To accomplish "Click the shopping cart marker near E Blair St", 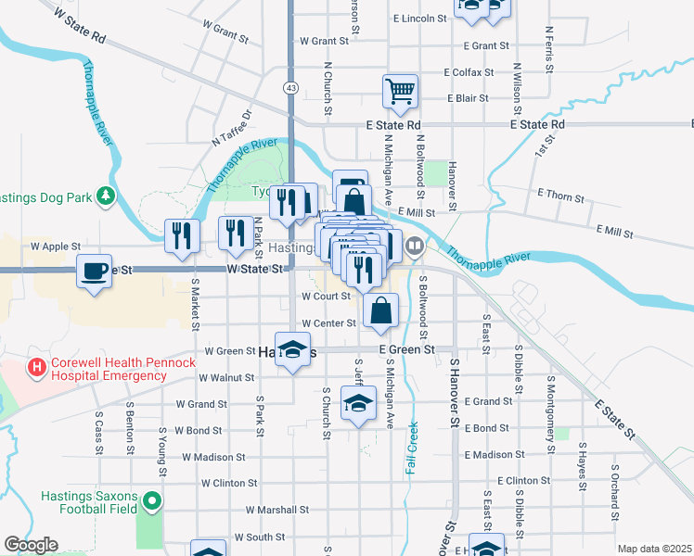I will click(400, 92).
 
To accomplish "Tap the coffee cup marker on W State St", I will click(94, 272).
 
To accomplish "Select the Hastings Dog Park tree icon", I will click(108, 196).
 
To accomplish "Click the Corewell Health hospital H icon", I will click(37, 368).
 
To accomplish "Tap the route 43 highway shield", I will click(291, 87).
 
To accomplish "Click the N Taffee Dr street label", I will click(232, 131).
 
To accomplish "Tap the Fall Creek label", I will click(411, 449).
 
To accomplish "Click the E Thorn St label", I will click(560, 197).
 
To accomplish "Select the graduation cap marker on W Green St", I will click(292, 350).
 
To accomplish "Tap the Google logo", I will click(31, 545).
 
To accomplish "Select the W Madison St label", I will click(213, 457).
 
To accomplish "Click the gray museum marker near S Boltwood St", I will click(416, 246).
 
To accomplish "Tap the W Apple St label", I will click(56, 247).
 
